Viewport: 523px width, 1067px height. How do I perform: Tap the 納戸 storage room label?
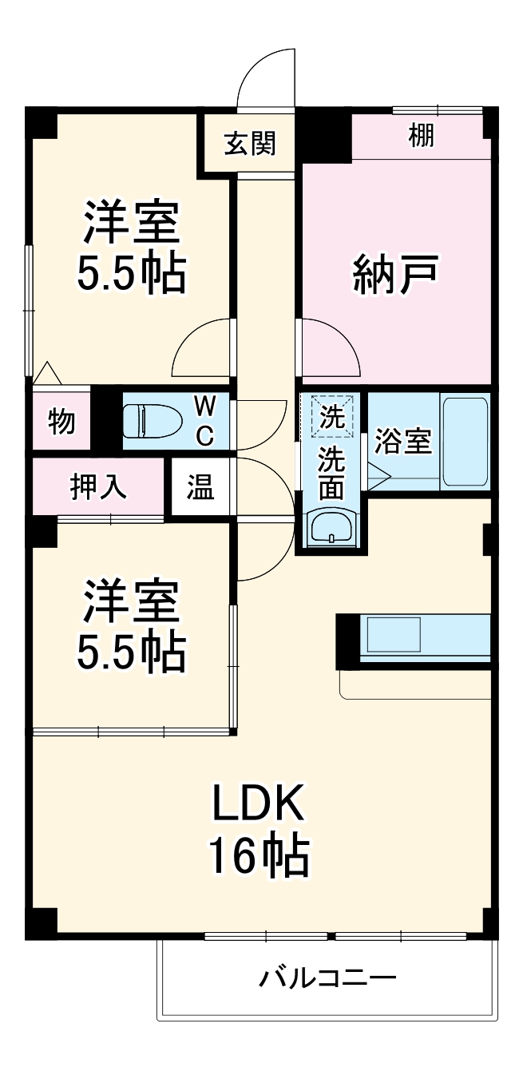395,274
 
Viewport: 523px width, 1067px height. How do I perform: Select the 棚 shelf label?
422,136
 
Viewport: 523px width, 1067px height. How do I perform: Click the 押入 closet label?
99,487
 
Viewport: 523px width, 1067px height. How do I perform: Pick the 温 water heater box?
200,487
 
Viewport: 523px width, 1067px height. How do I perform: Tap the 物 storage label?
61,421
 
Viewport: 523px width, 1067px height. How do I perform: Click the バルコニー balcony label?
327,977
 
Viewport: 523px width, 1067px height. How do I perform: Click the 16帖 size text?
258,857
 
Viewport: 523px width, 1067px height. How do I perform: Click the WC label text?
205,421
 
